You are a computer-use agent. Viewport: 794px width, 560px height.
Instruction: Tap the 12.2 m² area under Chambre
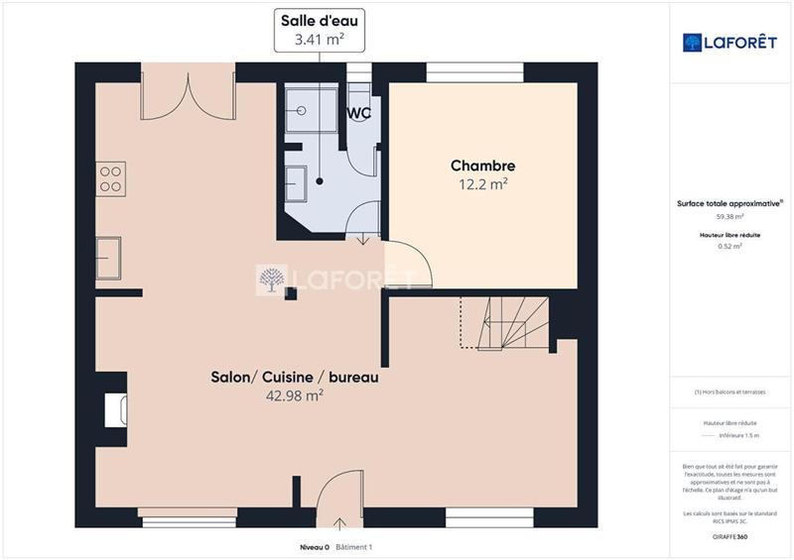click(x=481, y=183)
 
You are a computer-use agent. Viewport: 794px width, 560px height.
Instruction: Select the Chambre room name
click(x=482, y=166)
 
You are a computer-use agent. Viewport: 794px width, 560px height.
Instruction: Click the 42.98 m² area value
click(x=295, y=394)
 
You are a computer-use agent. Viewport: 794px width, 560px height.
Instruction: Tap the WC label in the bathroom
click(x=358, y=113)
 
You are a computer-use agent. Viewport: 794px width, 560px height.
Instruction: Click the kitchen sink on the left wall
click(x=108, y=259)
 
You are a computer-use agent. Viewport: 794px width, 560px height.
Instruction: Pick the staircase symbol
click(x=511, y=323)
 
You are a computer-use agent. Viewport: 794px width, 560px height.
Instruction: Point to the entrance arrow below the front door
click(x=340, y=523)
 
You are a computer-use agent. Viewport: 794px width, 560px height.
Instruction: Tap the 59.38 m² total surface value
click(x=730, y=215)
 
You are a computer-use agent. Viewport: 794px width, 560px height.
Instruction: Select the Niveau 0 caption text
click(x=315, y=547)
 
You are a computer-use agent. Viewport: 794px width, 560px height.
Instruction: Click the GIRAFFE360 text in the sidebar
click(x=730, y=536)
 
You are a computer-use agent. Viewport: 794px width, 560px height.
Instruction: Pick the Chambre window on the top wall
click(x=473, y=71)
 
